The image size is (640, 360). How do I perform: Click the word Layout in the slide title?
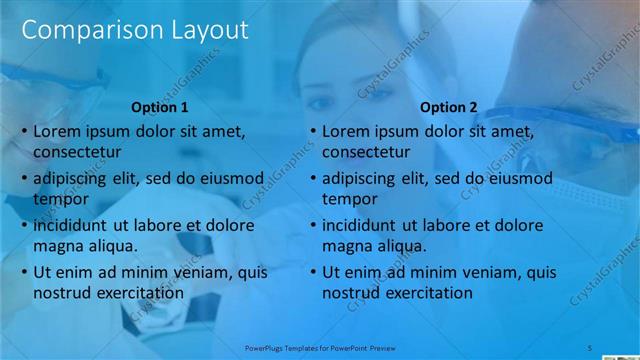[x=201, y=31]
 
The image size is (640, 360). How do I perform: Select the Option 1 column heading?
[x=160, y=107]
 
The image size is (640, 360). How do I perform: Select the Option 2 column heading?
[x=448, y=107]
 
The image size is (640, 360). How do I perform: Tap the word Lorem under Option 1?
[x=57, y=131]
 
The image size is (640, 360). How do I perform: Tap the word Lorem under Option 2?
[x=345, y=131]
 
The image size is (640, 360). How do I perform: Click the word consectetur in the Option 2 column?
[x=365, y=152]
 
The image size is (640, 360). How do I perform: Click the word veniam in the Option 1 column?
[x=191, y=272]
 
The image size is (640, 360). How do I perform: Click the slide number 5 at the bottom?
[x=589, y=347]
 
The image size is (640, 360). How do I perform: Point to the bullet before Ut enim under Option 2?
[x=313, y=272]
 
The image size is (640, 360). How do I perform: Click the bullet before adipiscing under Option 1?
[x=25, y=178]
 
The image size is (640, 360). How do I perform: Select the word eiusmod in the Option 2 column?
[x=517, y=178]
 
